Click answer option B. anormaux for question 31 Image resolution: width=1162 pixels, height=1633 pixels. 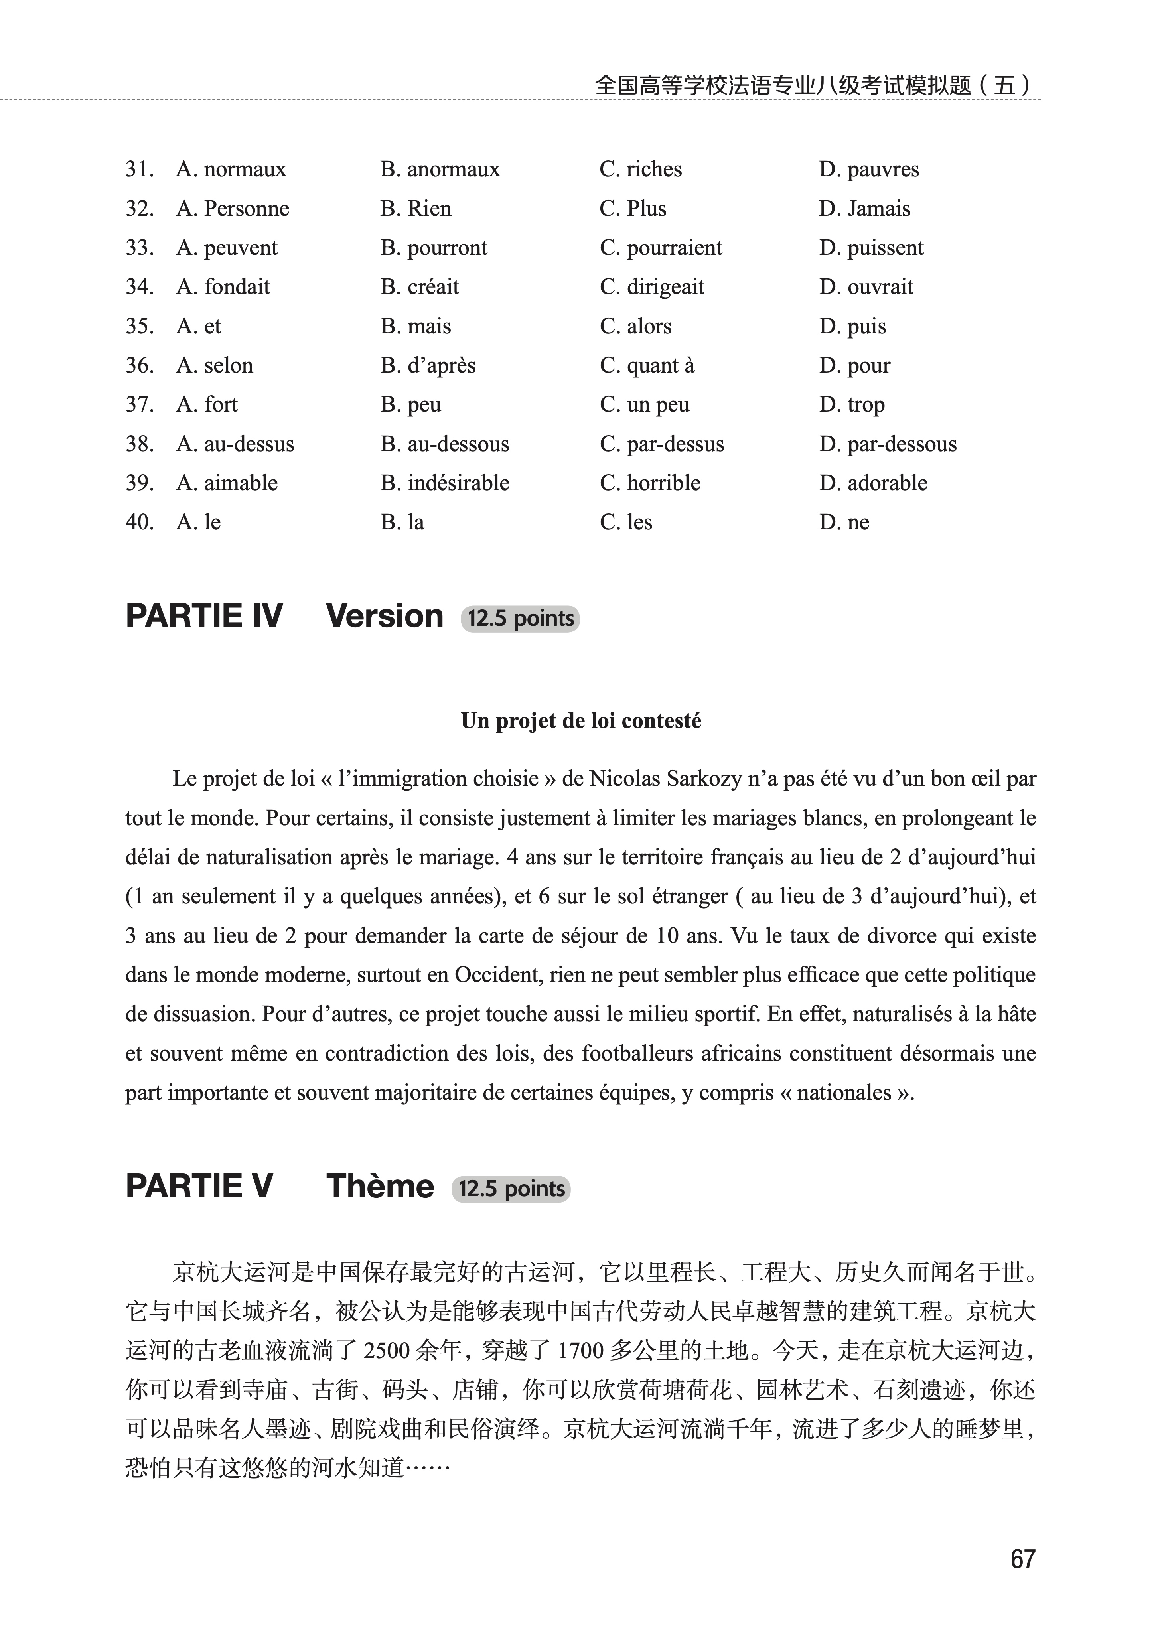pyautogui.click(x=440, y=170)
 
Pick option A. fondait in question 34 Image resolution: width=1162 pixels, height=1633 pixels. pyautogui.click(x=223, y=287)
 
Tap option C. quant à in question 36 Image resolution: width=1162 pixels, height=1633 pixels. pyautogui.click(x=647, y=365)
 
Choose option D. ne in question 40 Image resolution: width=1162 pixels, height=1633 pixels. pyautogui.click(x=844, y=522)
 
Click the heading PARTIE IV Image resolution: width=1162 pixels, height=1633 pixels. pyautogui.click(x=205, y=617)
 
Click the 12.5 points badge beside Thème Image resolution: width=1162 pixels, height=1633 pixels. pyautogui.click(x=511, y=1189)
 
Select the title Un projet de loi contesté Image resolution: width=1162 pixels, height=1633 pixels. pyautogui.click(x=581, y=721)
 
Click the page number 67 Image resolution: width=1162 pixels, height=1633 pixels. pyautogui.click(x=1022, y=1559)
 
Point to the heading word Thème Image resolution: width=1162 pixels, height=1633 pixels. pyautogui.click(x=380, y=1187)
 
